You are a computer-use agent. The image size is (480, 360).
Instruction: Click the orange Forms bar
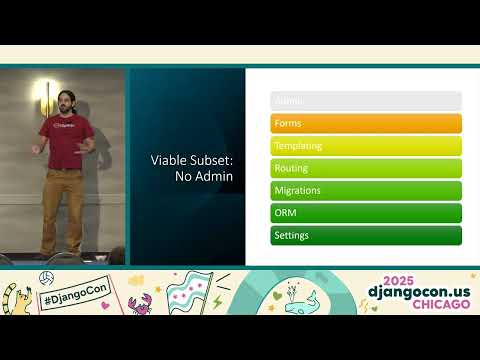[x=366, y=123]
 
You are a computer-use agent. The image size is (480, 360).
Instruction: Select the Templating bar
[x=366, y=146]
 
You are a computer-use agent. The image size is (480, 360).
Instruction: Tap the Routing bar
[x=366, y=168]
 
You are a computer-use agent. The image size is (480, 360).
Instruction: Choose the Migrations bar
[x=366, y=190]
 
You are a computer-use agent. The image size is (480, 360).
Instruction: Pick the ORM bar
[x=366, y=213]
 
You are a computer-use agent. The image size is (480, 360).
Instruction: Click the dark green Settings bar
[x=366, y=235]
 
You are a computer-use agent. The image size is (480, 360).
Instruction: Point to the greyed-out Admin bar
[x=366, y=101]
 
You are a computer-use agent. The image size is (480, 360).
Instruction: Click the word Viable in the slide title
[x=168, y=159]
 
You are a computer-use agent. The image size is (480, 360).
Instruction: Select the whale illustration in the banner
[x=301, y=301]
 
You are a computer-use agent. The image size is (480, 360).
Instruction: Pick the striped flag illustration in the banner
[x=190, y=292]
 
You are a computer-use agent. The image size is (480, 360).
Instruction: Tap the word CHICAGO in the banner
[x=435, y=305]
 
